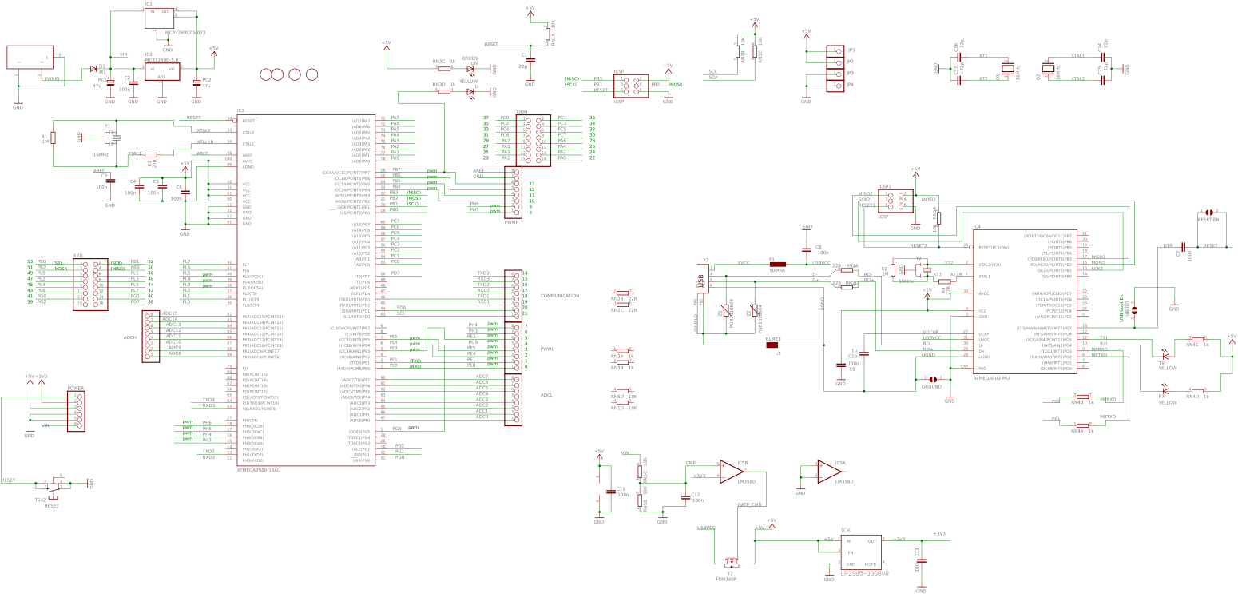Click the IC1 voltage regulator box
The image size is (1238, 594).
(160, 16)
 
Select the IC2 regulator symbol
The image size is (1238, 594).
(161, 70)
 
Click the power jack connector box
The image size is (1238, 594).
(30, 58)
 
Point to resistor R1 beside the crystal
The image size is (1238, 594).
(53, 137)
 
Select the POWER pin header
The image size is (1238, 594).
(76, 409)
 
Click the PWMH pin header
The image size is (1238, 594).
(514, 193)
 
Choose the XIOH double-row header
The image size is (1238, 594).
(533, 139)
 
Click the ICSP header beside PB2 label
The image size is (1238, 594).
(632, 86)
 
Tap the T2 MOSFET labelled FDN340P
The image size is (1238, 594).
(730, 562)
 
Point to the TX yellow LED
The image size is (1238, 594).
(1164, 352)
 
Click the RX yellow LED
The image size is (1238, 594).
(1165, 391)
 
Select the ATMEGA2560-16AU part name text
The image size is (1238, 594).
(259, 470)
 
